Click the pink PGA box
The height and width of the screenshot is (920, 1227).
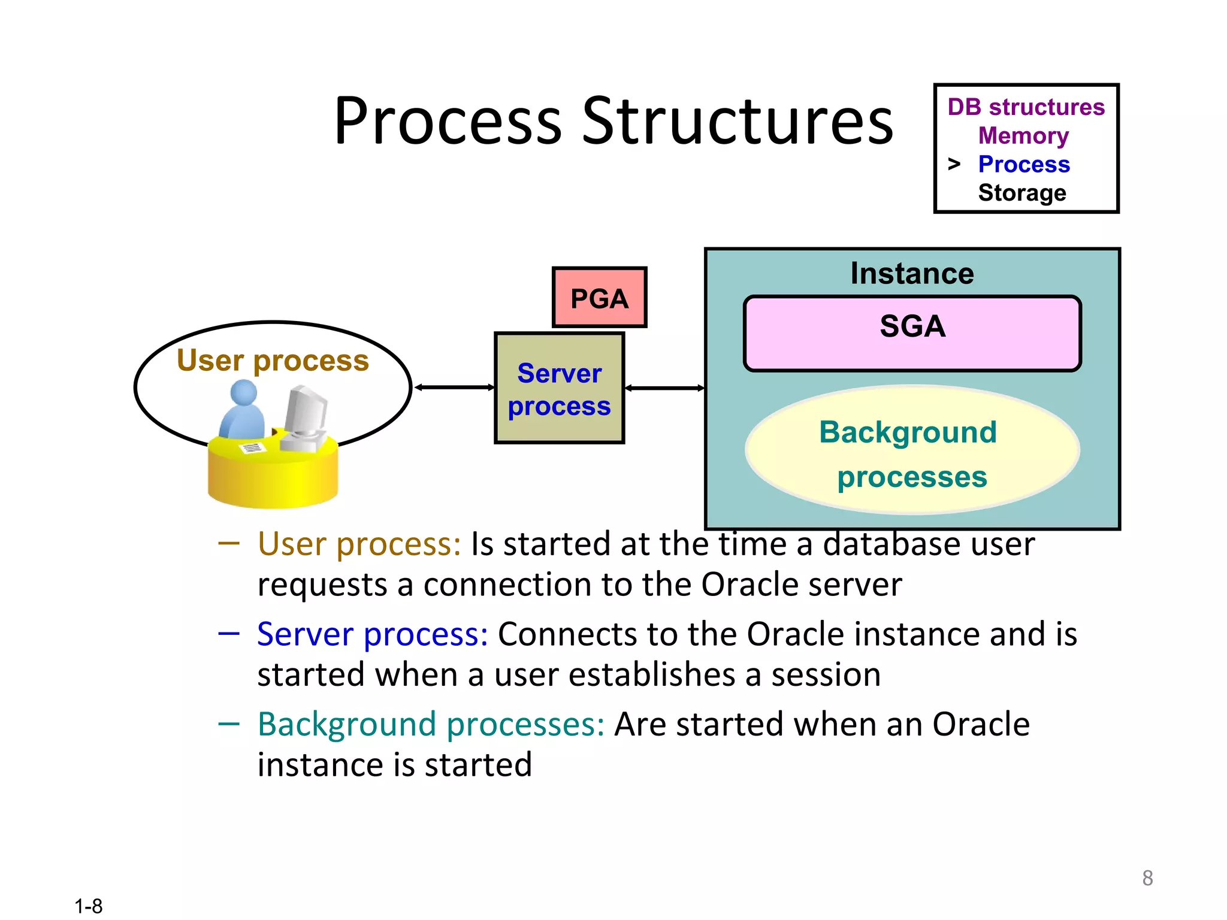point(599,298)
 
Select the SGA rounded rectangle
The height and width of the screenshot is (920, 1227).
point(912,334)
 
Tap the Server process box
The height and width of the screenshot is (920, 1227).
point(559,389)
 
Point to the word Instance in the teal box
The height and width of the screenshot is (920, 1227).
point(912,274)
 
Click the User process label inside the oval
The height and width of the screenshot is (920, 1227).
point(273,361)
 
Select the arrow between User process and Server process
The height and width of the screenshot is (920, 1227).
point(454,388)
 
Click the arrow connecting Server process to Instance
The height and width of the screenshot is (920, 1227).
point(664,388)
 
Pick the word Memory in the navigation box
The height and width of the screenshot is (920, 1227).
point(1023,136)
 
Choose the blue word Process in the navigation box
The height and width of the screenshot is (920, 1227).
point(1024,164)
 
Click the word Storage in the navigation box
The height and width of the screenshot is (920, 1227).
point(1022,193)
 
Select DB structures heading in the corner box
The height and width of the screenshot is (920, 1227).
point(1026,107)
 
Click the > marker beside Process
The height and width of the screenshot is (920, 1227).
point(954,164)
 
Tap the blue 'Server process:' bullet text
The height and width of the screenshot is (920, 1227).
point(372,634)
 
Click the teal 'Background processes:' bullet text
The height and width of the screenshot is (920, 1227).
point(431,724)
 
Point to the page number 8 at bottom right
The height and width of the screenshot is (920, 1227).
point(1147,878)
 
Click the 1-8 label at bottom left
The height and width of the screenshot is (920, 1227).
point(89,906)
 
